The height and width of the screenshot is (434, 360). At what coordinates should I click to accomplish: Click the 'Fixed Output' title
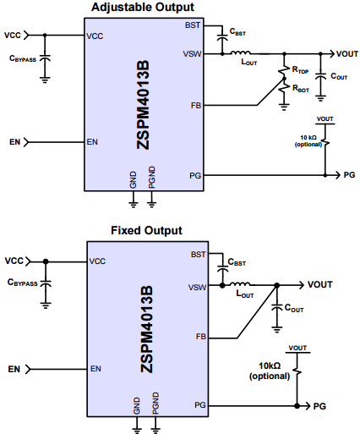point(146,230)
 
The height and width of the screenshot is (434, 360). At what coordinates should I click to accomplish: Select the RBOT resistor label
point(302,87)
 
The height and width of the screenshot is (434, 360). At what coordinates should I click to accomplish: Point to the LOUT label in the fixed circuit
point(245,294)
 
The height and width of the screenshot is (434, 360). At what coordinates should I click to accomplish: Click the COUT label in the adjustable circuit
point(339,76)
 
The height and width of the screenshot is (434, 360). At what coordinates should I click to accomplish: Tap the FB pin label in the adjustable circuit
point(196,106)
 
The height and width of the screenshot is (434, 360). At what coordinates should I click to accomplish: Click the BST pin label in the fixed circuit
point(199,254)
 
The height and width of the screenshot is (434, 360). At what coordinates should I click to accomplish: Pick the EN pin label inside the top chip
point(93,141)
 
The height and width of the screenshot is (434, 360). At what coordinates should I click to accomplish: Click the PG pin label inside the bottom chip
point(199,406)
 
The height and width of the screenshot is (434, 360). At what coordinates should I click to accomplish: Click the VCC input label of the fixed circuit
point(14,261)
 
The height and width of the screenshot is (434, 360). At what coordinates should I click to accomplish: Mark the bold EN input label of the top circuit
point(14,141)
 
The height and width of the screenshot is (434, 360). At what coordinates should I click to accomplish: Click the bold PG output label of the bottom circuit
point(319,406)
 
